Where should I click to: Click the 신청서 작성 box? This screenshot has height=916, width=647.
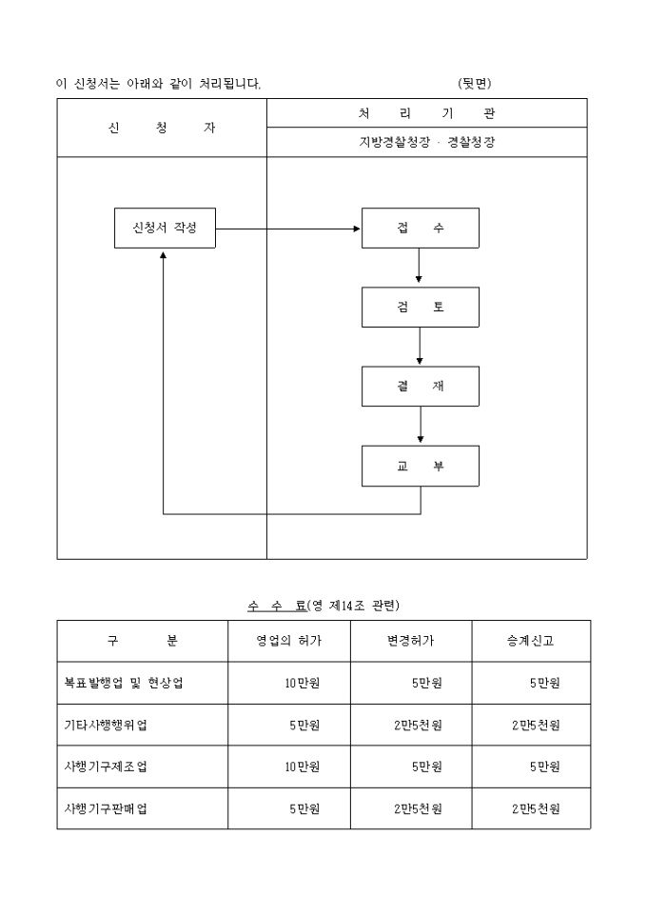[x=165, y=229]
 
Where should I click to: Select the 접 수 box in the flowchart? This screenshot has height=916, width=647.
[x=420, y=229]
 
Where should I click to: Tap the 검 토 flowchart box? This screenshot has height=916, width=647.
[x=420, y=308]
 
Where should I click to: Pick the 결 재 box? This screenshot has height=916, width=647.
[x=420, y=386]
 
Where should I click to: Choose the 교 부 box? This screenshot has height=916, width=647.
[x=420, y=466]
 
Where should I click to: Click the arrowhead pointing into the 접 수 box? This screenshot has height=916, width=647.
[x=357, y=229]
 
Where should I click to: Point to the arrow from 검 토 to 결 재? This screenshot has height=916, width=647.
[x=420, y=347]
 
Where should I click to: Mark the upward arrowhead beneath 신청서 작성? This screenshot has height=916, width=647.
[x=164, y=254]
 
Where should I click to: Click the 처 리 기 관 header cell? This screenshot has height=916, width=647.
[x=426, y=113]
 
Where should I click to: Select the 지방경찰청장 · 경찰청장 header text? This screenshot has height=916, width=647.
[x=426, y=143]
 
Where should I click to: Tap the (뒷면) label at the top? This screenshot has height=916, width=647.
[x=475, y=84]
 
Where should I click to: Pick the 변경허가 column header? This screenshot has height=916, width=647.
[x=411, y=641]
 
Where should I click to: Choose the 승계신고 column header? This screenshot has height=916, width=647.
[x=530, y=641]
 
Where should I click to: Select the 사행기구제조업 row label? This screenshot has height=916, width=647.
[x=107, y=767]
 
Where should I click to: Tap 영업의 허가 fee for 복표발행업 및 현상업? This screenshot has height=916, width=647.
[x=302, y=683]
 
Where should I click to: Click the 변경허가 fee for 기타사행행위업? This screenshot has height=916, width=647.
[x=419, y=725]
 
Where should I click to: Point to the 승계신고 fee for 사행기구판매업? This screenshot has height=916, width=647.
[x=536, y=808]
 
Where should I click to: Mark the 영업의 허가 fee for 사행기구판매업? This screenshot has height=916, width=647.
[x=304, y=808]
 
